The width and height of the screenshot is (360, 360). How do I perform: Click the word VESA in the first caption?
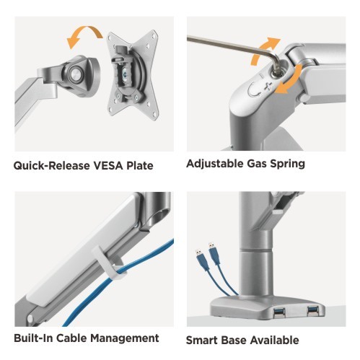[108, 166]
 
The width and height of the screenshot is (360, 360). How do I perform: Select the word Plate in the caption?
[140, 166]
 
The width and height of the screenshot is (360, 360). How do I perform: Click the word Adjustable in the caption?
[215, 164]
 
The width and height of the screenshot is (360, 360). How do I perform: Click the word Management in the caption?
[125, 338]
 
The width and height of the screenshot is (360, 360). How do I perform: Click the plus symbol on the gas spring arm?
[268, 86]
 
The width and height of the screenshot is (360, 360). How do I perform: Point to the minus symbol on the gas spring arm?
[262, 76]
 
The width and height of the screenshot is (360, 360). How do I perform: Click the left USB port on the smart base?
[279, 312]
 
